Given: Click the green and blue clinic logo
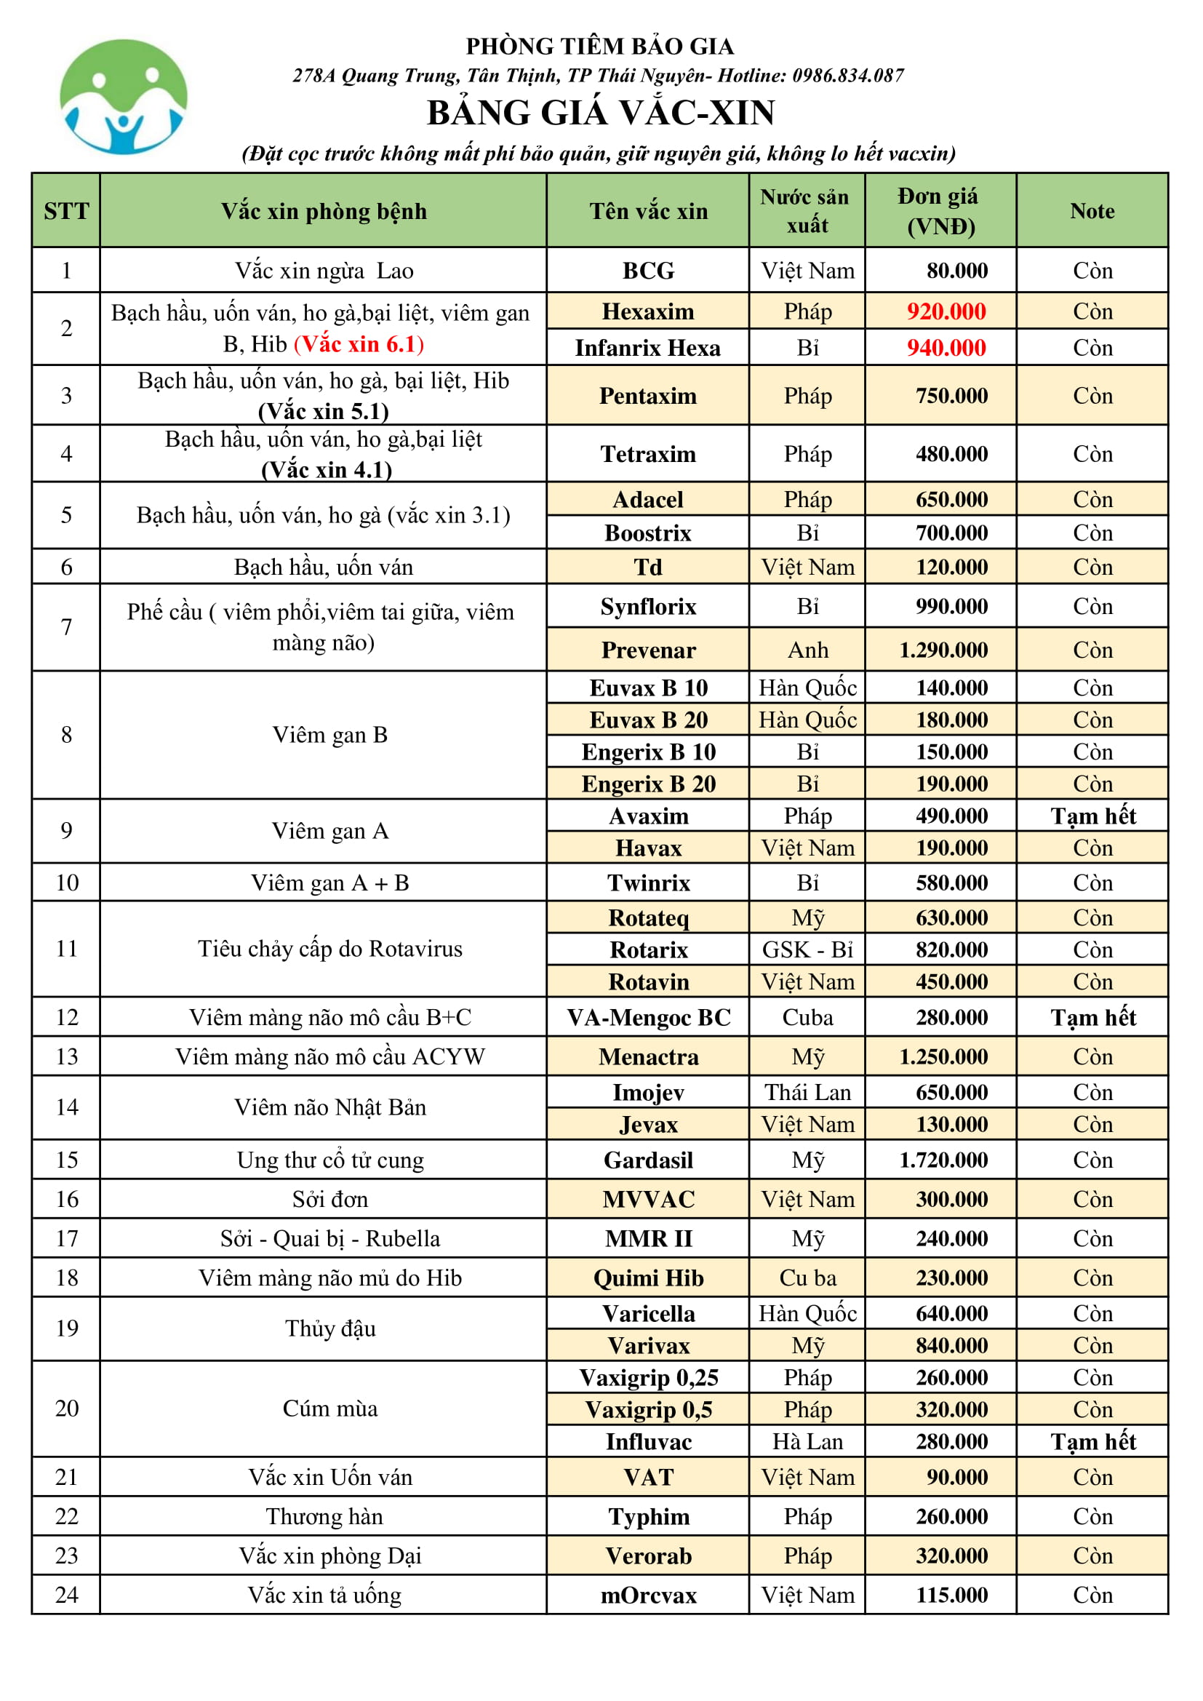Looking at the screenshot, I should pos(123,97).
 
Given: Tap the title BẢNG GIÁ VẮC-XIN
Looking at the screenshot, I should pos(601,113).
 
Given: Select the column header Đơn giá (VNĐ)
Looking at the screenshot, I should pos(939,211).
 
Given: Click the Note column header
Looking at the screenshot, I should pos(1091,211).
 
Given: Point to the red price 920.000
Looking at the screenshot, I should pos(946,312).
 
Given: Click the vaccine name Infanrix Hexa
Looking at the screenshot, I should pos(647,348).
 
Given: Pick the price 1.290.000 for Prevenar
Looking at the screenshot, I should pos(943,650).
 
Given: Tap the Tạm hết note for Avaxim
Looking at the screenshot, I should pos(1092,816).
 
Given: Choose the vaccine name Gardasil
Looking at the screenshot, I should pos(648,1160).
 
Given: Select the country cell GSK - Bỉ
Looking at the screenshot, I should pos(807,949).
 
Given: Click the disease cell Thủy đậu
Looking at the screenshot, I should pos(330,1328).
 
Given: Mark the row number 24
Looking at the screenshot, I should pos(67,1594).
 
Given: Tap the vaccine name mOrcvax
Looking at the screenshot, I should pos(648,1595).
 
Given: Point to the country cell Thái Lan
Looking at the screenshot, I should pos(807,1093).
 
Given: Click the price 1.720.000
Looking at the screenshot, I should pos(943,1160).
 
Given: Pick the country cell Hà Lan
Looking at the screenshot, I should pos(807,1442).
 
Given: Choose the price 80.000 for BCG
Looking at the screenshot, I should pos(956,271).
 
